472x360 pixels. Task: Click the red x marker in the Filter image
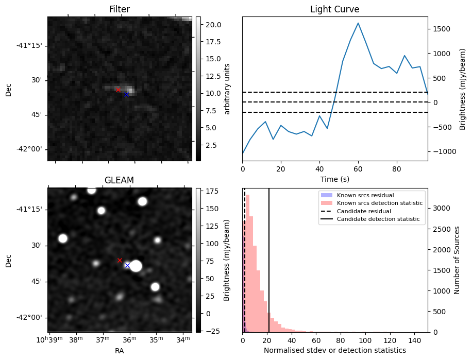click(118, 90)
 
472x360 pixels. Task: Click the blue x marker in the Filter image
click(126, 94)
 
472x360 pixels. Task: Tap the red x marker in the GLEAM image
click(120, 260)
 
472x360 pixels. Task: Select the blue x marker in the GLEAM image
click(127, 265)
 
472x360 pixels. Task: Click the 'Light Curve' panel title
click(334, 9)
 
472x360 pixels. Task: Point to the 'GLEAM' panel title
click(119, 180)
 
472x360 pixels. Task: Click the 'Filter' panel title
click(119, 9)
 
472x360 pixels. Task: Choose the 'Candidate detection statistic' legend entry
click(378, 219)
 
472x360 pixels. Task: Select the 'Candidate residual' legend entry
click(363, 211)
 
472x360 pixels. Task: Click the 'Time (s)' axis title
click(335, 178)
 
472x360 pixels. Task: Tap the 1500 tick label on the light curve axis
click(442, 29)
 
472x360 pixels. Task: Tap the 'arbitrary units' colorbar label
click(227, 89)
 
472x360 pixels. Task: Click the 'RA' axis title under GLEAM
click(119, 350)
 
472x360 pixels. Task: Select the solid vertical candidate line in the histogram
click(269, 268)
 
